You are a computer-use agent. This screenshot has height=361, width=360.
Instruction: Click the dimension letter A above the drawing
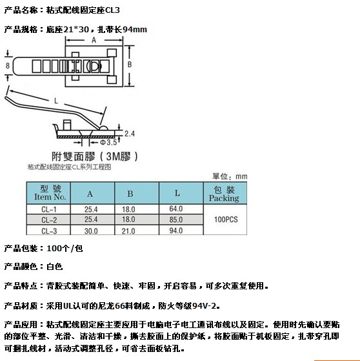click(x=94, y=40)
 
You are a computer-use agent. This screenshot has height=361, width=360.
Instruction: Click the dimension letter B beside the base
click(x=130, y=65)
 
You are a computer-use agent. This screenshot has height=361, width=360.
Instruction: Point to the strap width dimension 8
click(x=8, y=66)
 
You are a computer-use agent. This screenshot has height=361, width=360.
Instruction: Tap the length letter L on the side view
click(x=56, y=101)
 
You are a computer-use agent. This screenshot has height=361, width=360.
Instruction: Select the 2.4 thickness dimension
click(x=130, y=134)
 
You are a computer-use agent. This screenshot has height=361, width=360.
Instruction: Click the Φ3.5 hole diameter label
click(x=108, y=143)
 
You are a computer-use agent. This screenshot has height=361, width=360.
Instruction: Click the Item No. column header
click(x=50, y=197)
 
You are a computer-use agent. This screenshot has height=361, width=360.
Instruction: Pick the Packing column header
click(x=224, y=198)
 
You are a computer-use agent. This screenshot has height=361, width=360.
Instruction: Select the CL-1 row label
click(x=49, y=209)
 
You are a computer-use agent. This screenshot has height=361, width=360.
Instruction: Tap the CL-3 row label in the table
click(x=49, y=231)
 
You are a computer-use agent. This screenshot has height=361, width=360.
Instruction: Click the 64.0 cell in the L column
click(x=176, y=209)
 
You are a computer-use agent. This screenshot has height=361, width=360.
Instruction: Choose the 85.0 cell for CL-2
click(x=176, y=220)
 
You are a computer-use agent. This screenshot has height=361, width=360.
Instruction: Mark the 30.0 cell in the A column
click(x=91, y=231)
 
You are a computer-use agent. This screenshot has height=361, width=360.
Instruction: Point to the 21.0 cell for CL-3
click(x=128, y=231)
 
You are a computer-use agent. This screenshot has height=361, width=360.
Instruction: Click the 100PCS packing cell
click(x=226, y=220)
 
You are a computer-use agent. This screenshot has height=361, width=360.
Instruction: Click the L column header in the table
click(x=177, y=193)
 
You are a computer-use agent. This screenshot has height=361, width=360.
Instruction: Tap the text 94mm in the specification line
click(x=135, y=30)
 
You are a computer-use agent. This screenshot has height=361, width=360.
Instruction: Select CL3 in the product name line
click(x=112, y=10)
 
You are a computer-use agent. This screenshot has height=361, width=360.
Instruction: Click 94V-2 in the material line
click(x=205, y=305)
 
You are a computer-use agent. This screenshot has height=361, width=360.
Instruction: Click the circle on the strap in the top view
click(x=95, y=67)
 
